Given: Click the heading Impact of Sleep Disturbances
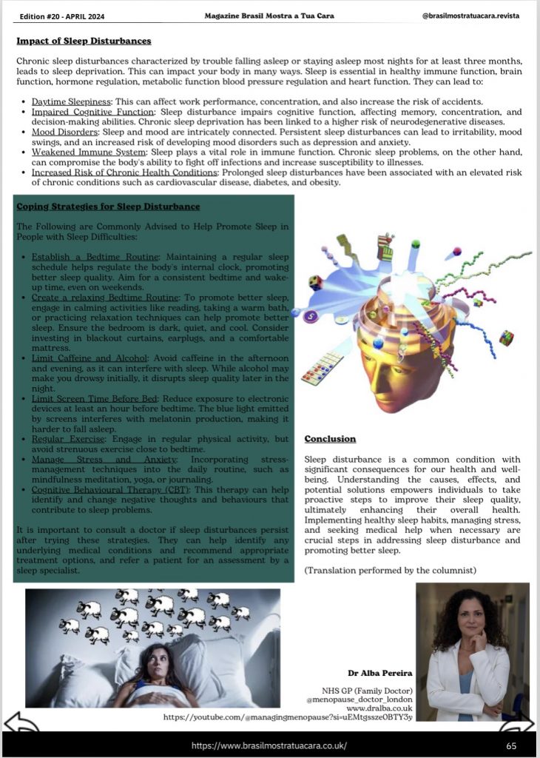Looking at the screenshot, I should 84,41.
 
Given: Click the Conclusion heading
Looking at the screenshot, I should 330,439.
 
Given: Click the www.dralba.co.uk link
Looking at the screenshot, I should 378,708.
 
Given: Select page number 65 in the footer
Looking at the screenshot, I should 511,745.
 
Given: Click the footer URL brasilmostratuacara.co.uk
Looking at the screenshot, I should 269,745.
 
